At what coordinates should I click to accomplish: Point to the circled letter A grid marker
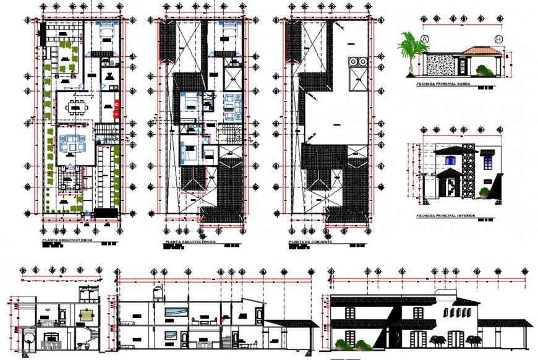coord(425,39)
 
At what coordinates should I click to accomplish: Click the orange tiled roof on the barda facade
coord(479,50)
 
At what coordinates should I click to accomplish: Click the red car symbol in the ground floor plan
coord(116,108)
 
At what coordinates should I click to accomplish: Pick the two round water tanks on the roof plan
coord(357,62)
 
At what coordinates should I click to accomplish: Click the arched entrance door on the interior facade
coord(452,186)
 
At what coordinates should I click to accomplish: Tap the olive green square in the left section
coord(88,312)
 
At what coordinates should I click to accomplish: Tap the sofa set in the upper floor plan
coord(231,106)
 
